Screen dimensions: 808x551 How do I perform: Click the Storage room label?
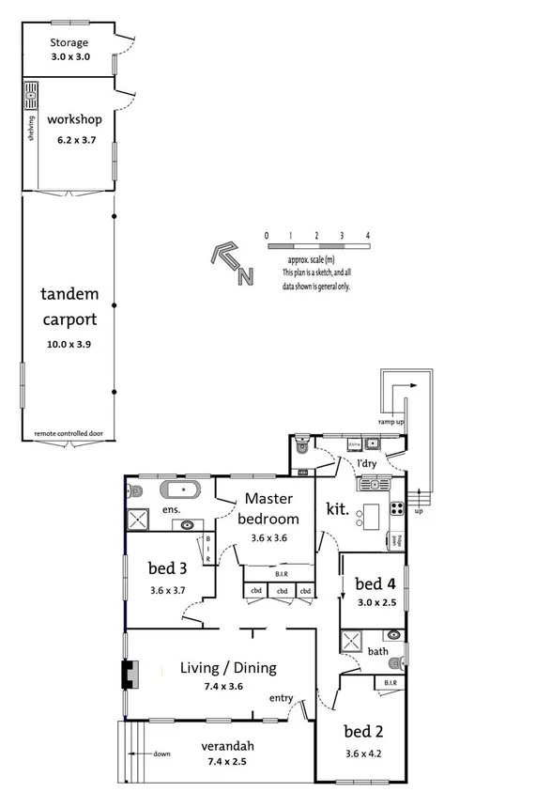point(69,42)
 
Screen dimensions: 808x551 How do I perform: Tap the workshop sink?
point(31,96)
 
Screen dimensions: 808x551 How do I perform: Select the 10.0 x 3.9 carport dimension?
point(69,344)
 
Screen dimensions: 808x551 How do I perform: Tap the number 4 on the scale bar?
point(368,235)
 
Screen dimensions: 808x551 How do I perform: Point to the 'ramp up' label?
point(390,422)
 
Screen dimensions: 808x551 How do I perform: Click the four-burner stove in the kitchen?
point(396,510)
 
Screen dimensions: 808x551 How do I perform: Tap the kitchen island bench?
point(373,515)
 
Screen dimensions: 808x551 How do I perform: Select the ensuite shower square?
point(140,520)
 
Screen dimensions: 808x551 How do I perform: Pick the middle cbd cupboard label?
point(281,591)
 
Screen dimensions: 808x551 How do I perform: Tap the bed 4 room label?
point(369,583)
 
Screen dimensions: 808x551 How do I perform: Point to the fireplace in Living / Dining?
point(130,673)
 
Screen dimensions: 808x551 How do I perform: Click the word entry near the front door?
point(281,698)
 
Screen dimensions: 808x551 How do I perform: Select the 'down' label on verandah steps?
point(161,754)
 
